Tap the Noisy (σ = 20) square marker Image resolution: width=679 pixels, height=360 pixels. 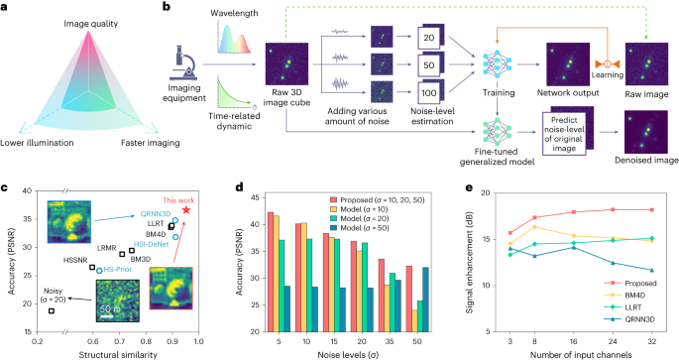[x=52, y=311]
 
